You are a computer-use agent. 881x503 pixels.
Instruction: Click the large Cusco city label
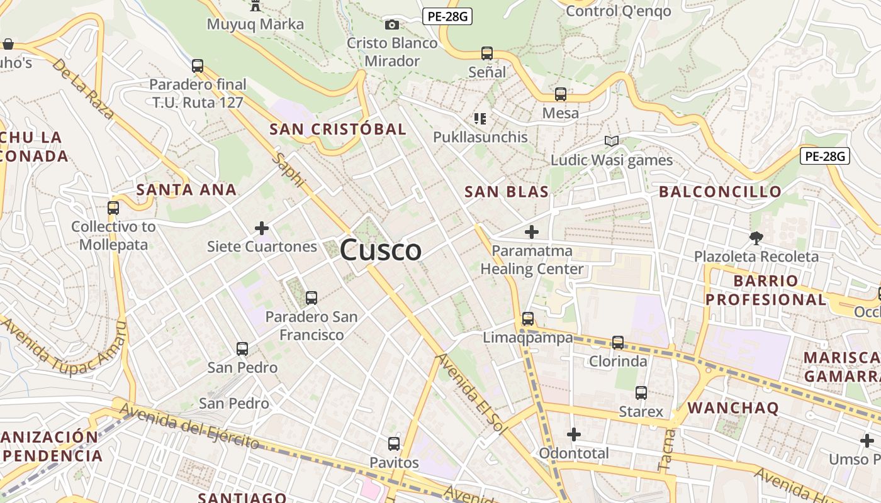381,250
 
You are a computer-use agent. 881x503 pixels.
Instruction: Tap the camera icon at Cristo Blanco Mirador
392,25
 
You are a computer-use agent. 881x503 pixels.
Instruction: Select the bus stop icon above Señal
487,53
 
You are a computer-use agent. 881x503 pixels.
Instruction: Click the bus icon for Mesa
561,94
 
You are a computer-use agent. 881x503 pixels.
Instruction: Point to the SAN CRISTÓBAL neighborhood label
338,130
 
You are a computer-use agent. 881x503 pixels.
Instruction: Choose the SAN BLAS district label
507,192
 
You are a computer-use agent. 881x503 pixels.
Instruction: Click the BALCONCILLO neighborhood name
720,192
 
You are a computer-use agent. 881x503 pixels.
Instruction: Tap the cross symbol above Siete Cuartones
262,228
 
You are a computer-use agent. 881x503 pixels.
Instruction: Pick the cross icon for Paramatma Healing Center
532,232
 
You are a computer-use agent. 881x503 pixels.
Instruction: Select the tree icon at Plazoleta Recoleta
756,238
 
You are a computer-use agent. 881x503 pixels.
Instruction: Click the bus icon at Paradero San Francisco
311,298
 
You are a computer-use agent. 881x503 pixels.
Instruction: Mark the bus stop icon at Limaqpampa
528,319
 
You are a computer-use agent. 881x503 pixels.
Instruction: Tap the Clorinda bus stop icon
618,343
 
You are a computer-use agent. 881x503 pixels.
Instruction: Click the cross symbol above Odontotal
574,434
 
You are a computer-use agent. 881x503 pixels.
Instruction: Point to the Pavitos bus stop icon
394,444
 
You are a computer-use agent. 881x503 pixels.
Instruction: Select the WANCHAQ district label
733,407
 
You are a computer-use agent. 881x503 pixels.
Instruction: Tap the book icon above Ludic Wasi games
611,141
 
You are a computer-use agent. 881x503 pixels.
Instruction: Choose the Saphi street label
288,169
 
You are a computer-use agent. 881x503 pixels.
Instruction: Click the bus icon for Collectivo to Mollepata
113,208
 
